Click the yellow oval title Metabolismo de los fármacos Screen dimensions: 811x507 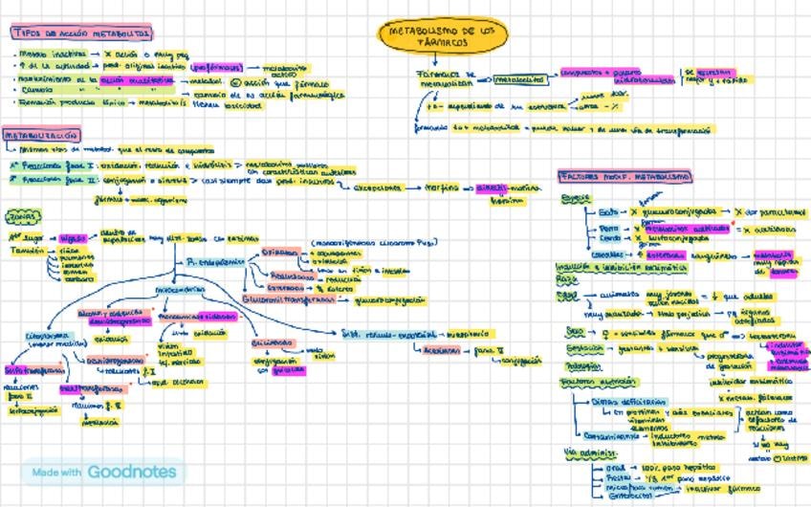443,36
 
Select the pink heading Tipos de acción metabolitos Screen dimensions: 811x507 81,33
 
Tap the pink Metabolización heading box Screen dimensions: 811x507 41,136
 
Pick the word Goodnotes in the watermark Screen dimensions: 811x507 132,472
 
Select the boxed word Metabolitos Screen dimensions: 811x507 522,79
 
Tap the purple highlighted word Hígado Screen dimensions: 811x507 73,238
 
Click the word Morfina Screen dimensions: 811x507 442,188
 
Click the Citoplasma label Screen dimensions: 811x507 45,336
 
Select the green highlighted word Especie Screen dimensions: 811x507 576,199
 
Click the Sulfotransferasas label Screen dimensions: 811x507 32,369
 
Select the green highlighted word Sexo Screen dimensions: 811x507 575,334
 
